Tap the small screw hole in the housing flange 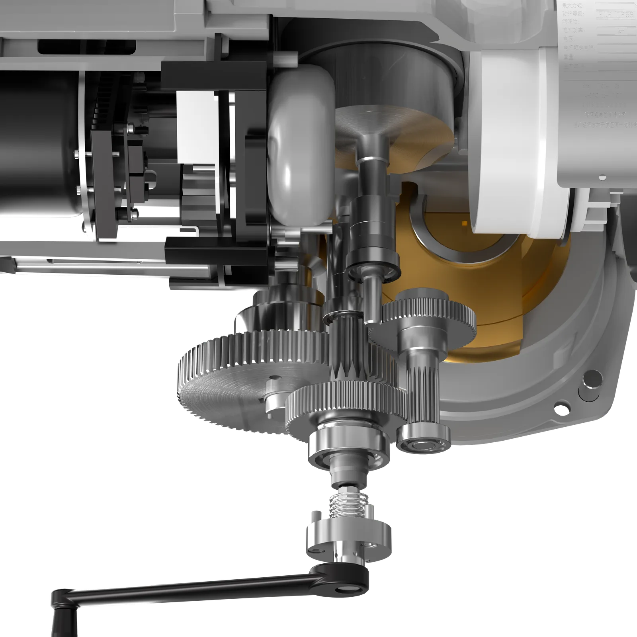coord(560,408)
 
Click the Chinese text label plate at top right coord(597,60)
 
